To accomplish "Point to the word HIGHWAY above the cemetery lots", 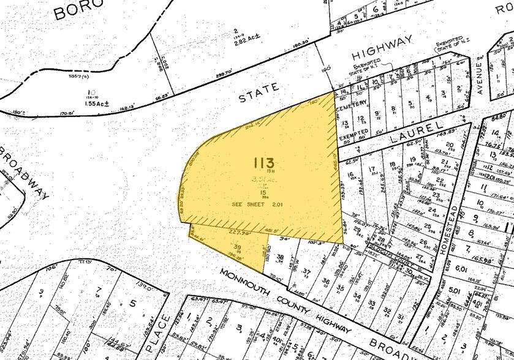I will point(383,48).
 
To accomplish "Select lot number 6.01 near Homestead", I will point(461,267).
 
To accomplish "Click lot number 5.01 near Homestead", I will point(454,291).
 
